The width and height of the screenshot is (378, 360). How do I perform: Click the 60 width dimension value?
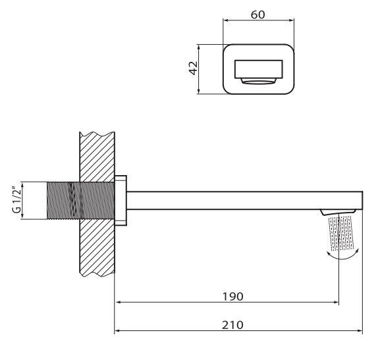(x=257, y=14)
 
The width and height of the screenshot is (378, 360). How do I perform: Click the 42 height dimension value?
(x=193, y=68)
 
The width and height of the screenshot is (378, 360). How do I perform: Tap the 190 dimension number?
(x=232, y=297)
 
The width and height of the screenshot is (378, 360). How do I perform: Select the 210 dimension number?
(x=232, y=325)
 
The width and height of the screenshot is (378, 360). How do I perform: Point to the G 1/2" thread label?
(x=16, y=199)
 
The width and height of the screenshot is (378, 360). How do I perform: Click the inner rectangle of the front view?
(x=258, y=69)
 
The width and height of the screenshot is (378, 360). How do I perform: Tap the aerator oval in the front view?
(x=258, y=82)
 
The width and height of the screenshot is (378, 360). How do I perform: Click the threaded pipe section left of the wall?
(x=63, y=201)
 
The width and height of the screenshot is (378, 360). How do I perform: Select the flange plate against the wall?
(x=121, y=201)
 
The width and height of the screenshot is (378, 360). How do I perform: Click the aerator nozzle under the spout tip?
(x=338, y=212)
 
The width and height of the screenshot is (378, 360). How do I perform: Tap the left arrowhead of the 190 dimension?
(x=118, y=302)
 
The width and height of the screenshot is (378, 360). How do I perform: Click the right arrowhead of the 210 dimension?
(x=360, y=331)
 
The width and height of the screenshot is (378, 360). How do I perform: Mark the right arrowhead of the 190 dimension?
(x=336, y=302)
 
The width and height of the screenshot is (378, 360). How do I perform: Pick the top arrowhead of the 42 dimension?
(x=199, y=47)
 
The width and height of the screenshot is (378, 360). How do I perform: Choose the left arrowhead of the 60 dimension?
(x=226, y=20)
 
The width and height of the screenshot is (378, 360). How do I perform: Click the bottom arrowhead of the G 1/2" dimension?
(x=22, y=217)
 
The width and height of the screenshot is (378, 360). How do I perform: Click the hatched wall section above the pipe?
(x=97, y=157)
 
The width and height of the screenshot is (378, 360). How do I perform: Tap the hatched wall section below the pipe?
(x=97, y=247)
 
